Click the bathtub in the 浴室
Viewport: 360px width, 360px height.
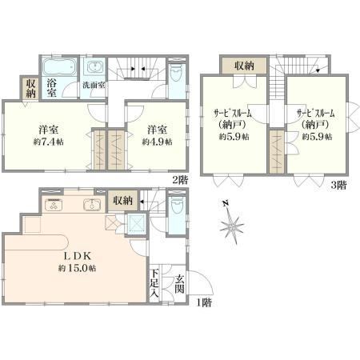coord(60,66)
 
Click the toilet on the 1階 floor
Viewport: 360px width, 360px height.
coord(176,205)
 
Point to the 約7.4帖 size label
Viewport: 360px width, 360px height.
coord(48,142)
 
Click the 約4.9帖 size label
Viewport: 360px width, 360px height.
coord(157,142)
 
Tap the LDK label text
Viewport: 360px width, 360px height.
coord(78,256)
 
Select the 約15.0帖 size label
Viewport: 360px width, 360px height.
coord(78,268)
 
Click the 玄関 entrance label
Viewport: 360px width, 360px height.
coord(180,284)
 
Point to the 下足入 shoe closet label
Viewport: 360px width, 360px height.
coord(154,283)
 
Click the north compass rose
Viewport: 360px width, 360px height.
coord(232,225)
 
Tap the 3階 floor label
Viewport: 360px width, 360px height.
coord(338,185)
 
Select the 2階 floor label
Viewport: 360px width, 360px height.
coord(180,180)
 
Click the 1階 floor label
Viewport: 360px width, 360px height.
coord(204,302)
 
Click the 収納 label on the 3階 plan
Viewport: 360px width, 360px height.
coord(244,66)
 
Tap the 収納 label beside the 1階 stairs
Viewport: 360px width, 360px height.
coord(122,200)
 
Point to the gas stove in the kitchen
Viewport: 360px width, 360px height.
coord(54,205)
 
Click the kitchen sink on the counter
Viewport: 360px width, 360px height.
coord(92,205)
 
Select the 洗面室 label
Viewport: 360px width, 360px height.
coord(94,86)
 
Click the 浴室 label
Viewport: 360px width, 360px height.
coord(51,88)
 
